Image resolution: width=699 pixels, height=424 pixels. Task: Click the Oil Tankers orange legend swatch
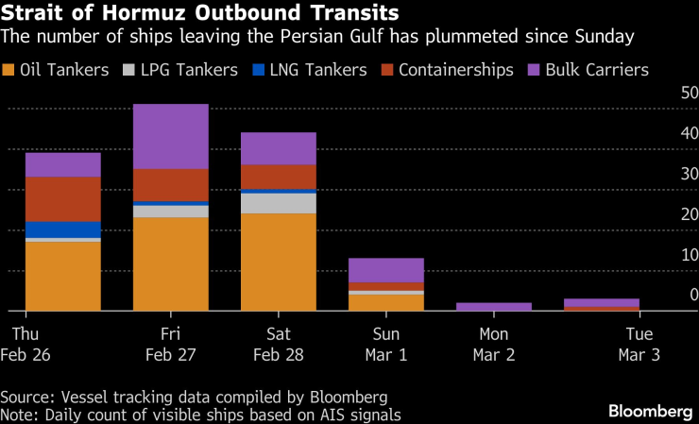pyautogui.click(x=10, y=70)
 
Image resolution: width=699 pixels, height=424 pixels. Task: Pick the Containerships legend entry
pyautogui.click(x=447, y=70)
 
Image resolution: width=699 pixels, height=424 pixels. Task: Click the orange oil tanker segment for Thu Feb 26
pyautogui.click(x=63, y=276)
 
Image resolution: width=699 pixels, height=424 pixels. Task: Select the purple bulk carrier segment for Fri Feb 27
pyautogui.click(x=171, y=136)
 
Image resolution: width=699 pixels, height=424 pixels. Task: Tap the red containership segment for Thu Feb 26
pyautogui.click(x=63, y=198)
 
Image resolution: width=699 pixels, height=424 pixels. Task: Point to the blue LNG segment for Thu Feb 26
pyautogui.click(x=63, y=229)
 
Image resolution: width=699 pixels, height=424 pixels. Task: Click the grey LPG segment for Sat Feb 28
pyautogui.click(x=279, y=203)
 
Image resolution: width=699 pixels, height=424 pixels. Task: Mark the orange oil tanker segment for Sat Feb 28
pyautogui.click(x=279, y=262)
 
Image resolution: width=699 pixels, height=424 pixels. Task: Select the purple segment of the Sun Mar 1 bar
pyautogui.click(x=386, y=270)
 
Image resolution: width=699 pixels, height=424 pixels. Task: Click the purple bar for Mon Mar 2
pyautogui.click(x=494, y=307)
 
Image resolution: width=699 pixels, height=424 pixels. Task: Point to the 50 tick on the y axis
pyautogui.click(x=690, y=93)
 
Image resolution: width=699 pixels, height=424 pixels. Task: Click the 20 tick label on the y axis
pyautogui.click(x=690, y=214)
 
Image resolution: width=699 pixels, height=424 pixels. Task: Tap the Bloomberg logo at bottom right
pyautogui.click(x=650, y=411)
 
